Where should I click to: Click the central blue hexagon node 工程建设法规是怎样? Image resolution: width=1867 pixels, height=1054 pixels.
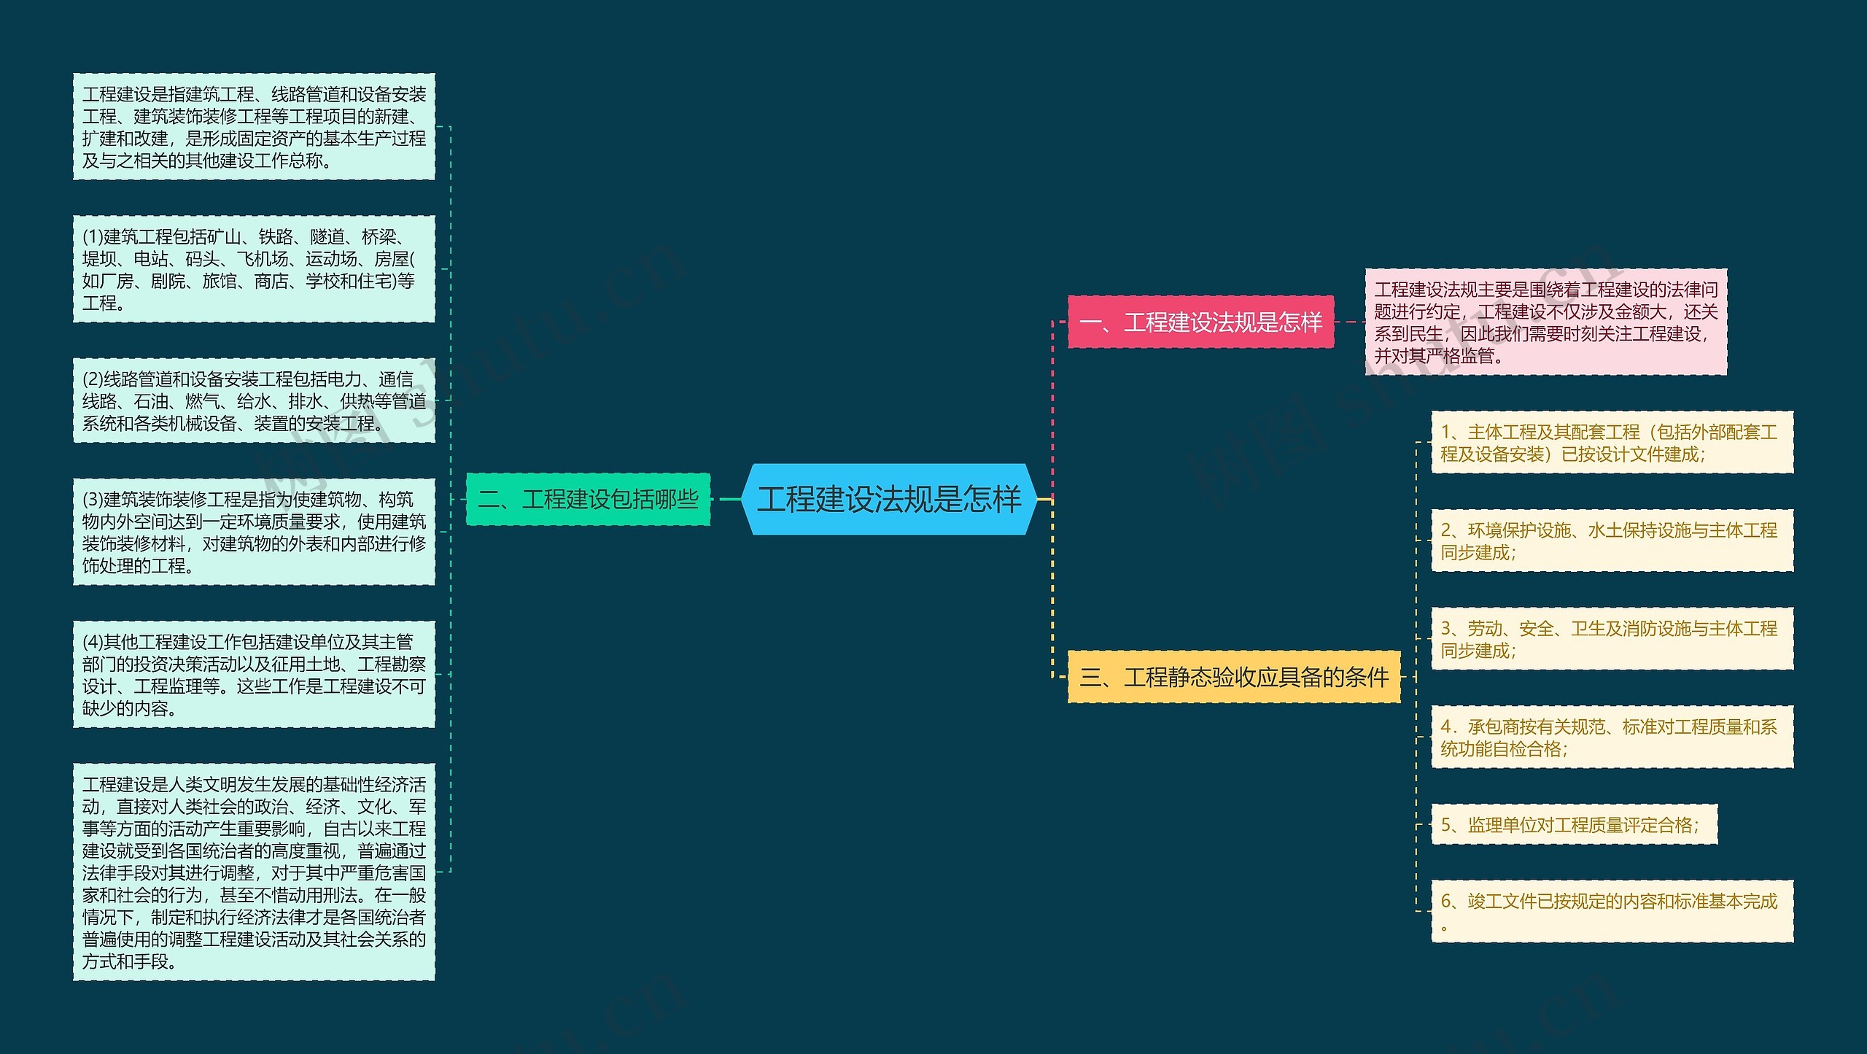click(x=888, y=499)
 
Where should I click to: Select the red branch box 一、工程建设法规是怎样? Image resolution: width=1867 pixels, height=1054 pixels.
click(x=1200, y=322)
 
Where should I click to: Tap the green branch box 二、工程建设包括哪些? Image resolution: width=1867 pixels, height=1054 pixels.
click(x=588, y=499)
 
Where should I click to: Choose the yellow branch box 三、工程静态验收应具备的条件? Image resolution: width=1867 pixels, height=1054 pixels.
click(x=1234, y=677)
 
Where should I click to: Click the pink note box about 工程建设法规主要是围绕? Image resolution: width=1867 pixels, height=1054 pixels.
click(x=1545, y=322)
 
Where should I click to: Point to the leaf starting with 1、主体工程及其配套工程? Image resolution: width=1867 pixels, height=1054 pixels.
click(x=1612, y=442)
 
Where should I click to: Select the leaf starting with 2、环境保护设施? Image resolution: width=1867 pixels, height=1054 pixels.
click(x=1612, y=540)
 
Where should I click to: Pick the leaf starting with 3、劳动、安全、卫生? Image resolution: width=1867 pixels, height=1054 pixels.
click(x=1612, y=638)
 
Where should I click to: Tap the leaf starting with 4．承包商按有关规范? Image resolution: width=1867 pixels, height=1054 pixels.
click(x=1612, y=737)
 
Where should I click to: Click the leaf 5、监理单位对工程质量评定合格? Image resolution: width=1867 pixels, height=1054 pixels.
click(x=1574, y=824)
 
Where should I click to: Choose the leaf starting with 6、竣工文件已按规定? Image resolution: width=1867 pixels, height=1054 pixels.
click(x=1612, y=911)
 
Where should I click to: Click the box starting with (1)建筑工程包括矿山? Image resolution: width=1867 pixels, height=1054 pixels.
click(x=254, y=268)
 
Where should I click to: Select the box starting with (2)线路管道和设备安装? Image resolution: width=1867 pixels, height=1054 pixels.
click(x=254, y=400)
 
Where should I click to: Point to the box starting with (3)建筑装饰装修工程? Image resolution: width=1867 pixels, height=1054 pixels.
click(x=254, y=532)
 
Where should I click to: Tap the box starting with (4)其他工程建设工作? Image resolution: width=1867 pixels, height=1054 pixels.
click(x=254, y=674)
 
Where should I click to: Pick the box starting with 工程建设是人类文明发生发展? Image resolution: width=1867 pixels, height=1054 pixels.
click(x=254, y=872)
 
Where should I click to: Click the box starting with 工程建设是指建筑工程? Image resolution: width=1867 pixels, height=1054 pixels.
click(x=254, y=126)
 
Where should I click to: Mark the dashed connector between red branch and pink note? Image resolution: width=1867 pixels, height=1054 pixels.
click(x=1349, y=322)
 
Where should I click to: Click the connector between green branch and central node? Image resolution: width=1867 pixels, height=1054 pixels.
click(x=726, y=499)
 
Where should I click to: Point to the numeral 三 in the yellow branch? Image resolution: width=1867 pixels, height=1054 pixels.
click(x=1090, y=678)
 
